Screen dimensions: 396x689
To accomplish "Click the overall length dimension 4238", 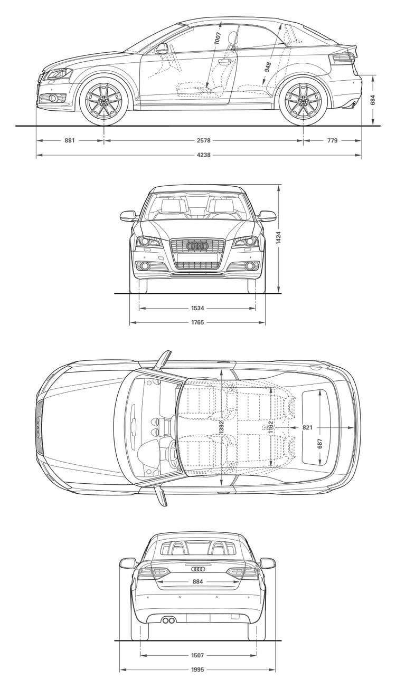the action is coord(203,155).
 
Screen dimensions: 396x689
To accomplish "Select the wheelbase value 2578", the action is coord(203,140).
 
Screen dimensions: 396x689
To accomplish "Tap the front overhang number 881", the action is coord(70,140).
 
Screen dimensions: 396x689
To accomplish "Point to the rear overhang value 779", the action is coord(332,140).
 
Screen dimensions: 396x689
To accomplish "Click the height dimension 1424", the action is coord(278,237).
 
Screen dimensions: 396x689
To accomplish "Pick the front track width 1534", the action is coord(197,308).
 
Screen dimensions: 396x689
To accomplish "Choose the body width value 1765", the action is coord(197,322).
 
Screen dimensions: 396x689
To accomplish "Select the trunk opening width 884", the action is coord(197,582).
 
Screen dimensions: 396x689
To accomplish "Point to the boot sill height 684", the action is coord(373,100).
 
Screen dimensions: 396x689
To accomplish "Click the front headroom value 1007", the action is coord(218,39).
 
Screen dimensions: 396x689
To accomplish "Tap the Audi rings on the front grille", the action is coord(197,246).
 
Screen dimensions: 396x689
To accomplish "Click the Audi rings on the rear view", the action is coord(197,569).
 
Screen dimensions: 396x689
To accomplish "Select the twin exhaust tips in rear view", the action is coord(168,620).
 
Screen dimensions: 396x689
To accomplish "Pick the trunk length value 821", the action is coord(307,427).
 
